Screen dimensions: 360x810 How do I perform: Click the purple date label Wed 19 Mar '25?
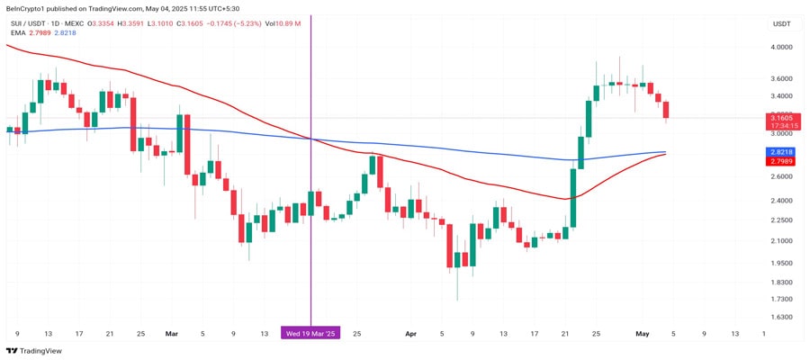click(x=310, y=333)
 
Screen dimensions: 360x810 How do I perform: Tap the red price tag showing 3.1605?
click(x=780, y=117)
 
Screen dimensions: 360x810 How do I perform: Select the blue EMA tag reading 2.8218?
click(x=780, y=152)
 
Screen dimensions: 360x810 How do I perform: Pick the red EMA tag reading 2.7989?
click(x=780, y=161)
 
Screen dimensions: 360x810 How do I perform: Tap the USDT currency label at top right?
click(x=781, y=24)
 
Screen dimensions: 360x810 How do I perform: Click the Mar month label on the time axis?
click(x=172, y=333)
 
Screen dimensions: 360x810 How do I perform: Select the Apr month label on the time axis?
click(x=411, y=333)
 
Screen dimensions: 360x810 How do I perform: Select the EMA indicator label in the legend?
click(x=18, y=32)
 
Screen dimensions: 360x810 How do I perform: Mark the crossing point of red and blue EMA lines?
click(x=310, y=139)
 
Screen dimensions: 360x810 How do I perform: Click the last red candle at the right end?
click(x=666, y=110)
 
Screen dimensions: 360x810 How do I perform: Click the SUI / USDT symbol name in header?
click(x=29, y=22)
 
